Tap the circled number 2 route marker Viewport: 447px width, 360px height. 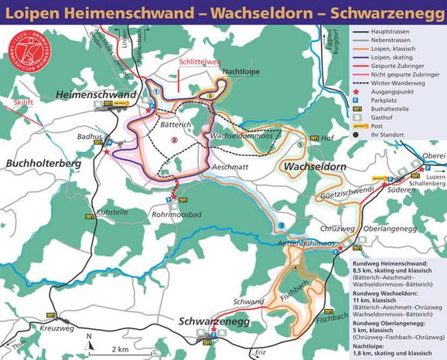pyautogui.click(x=175, y=140)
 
